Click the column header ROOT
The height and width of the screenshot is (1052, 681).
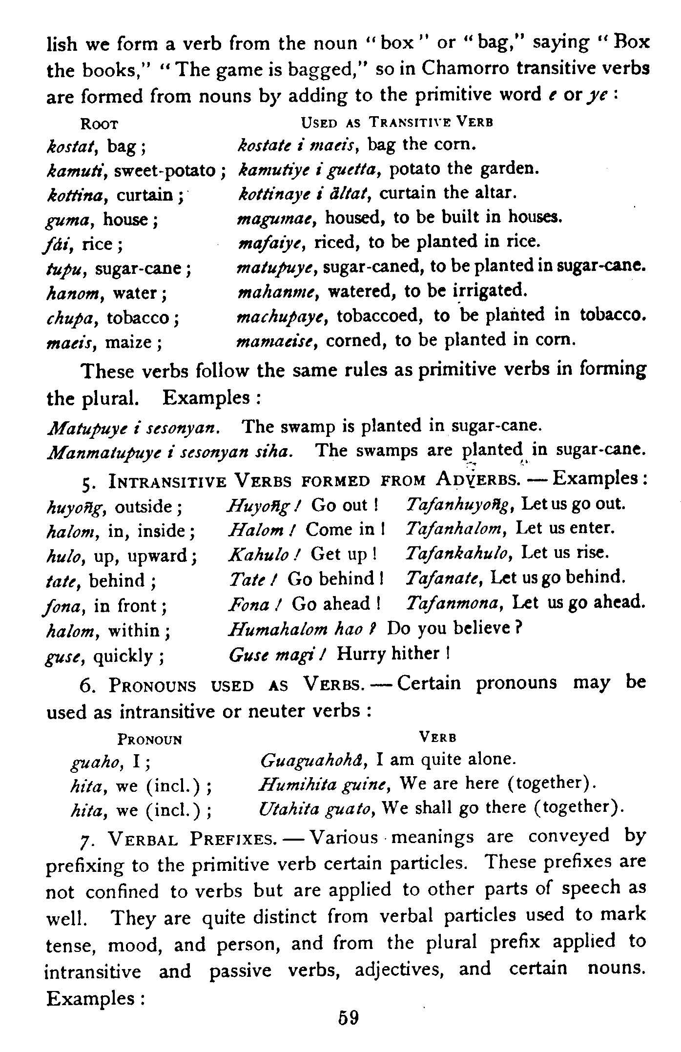click(x=100, y=124)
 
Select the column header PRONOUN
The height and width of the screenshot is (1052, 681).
click(x=150, y=740)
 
